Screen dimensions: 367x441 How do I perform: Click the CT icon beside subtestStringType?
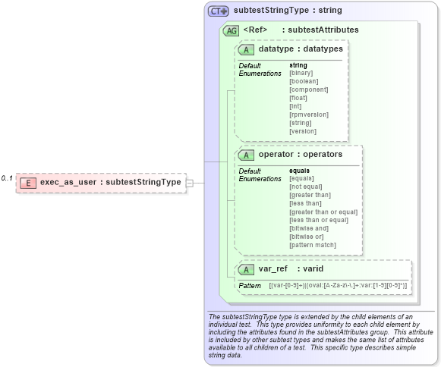pos(219,11)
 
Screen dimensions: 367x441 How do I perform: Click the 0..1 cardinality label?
pos(7,178)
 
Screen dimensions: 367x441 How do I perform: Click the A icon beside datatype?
pos(246,49)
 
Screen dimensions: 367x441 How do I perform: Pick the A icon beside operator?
pos(246,155)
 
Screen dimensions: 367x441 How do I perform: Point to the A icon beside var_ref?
pos(246,269)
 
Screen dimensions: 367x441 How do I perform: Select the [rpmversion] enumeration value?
pos(309,114)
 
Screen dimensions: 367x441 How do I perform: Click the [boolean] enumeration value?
pos(304,81)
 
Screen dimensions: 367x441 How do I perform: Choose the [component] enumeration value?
pos(308,89)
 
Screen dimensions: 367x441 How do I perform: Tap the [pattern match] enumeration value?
pos(313,245)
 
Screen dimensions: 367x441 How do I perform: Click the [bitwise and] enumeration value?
pos(308,228)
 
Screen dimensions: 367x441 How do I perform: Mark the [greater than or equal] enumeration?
pos(323,212)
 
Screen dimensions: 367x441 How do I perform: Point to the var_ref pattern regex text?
pos(339,285)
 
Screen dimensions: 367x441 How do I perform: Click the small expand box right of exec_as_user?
pos(190,183)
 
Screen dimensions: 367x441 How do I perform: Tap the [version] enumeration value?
pos(302,131)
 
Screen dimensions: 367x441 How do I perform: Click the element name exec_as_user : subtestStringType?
pos(110,183)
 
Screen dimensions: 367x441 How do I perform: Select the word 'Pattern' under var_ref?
pos(250,285)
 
